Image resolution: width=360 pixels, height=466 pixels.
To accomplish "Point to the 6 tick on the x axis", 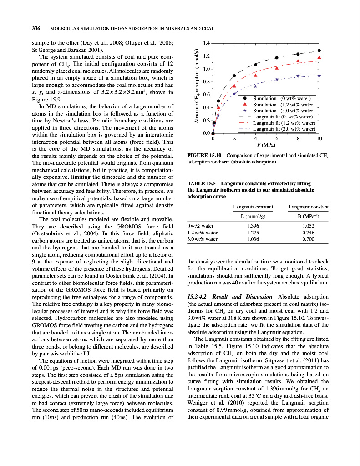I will click(x=277, y=138).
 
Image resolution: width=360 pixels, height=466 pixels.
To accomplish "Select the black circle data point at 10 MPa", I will click(x=319, y=51).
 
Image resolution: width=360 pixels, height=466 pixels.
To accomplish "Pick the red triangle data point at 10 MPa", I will click(x=319, y=57).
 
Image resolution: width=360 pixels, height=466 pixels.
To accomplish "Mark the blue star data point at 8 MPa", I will click(x=298, y=76).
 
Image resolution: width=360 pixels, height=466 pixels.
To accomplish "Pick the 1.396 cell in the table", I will click(x=253, y=225).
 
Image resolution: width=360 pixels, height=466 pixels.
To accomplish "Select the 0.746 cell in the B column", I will click(x=308, y=232).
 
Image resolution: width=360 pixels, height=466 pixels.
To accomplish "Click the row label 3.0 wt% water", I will click(x=202, y=239).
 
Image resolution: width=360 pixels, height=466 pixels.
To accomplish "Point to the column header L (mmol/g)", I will click(x=253, y=216).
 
